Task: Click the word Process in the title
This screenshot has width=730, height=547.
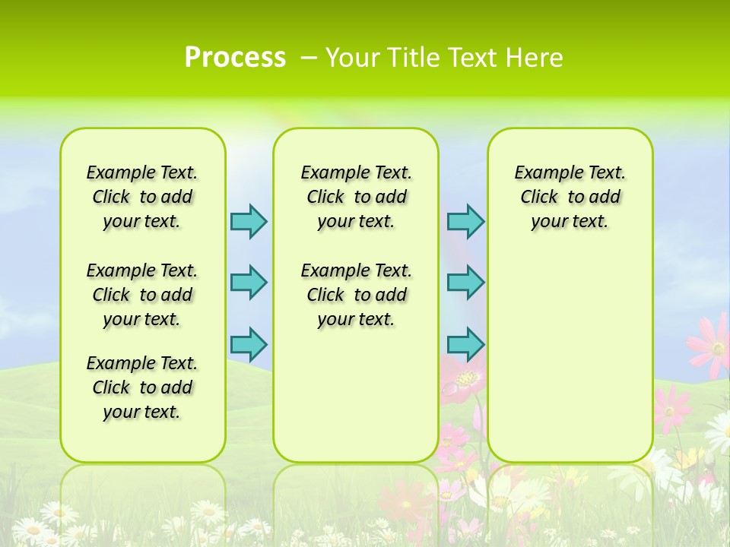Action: point(235,57)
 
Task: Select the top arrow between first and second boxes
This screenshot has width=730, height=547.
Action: point(249,221)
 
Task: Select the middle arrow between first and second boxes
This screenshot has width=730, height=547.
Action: point(249,283)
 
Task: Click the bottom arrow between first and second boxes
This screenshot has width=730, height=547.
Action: point(249,344)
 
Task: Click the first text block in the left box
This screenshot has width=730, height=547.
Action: point(142,197)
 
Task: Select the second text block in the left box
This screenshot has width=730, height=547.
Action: point(142,295)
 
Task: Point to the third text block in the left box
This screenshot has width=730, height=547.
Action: point(142,387)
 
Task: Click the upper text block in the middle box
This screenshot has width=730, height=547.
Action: point(356,197)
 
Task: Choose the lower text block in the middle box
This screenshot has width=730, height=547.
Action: point(356,295)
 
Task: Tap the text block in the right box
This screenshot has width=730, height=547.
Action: point(570,197)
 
